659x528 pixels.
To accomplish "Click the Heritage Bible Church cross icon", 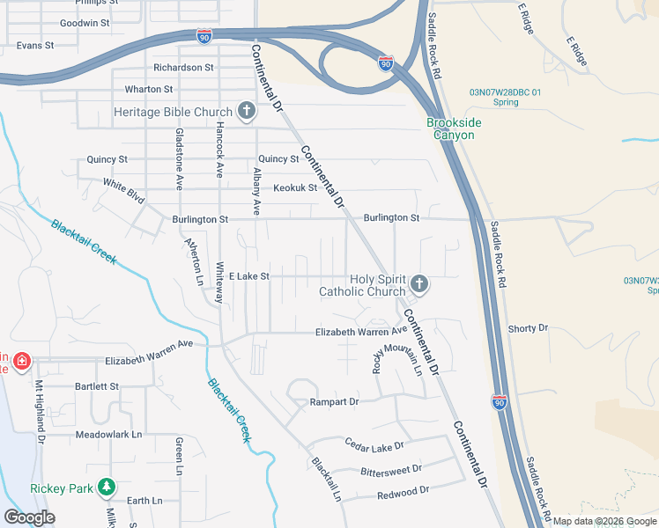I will point(247,112).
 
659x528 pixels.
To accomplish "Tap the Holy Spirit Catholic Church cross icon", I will point(419,284).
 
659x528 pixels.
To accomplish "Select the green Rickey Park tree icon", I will point(106,487).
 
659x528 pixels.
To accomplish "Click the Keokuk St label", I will point(294,187).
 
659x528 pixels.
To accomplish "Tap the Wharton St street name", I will point(149,89).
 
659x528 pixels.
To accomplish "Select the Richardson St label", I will point(183,67).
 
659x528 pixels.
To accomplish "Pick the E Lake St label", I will point(248,276).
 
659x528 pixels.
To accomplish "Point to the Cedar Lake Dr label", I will point(374,445).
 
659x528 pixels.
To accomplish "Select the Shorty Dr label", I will point(528,328).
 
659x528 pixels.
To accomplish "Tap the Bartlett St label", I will point(97,386).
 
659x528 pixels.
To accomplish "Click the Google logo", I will point(29,517).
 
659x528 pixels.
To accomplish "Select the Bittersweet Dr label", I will point(391,471).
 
